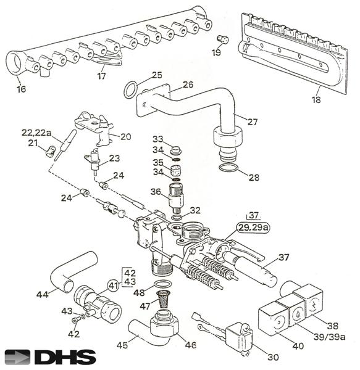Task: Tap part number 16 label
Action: pos(21,89)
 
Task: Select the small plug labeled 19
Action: pos(223,39)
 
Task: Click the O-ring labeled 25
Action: pos(130,90)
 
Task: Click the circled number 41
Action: pos(114,286)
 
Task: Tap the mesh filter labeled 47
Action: pos(162,299)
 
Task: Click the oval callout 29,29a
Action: pos(253,228)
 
